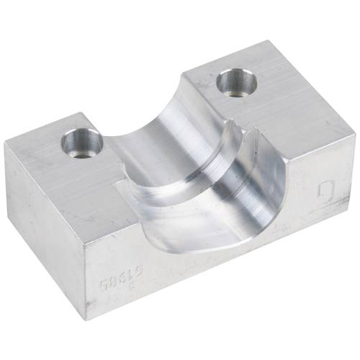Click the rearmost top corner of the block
point(274,41)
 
